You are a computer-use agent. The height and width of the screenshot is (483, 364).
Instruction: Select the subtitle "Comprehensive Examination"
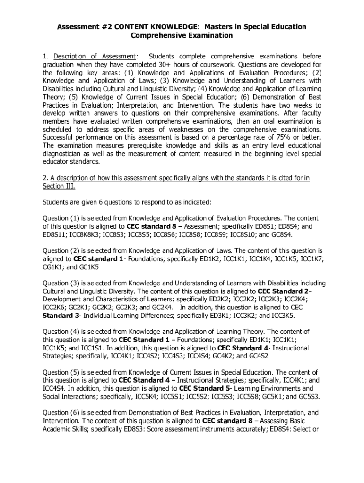[x=182, y=35]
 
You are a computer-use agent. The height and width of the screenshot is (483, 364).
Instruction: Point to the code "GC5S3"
[x=308, y=396]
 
